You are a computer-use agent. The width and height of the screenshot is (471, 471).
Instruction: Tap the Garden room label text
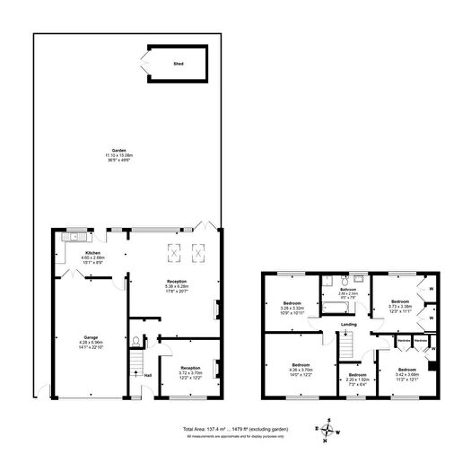tap(118, 151)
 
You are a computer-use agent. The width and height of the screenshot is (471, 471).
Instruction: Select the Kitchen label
tap(92, 254)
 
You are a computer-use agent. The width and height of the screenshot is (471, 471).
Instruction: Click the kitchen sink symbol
tap(74, 238)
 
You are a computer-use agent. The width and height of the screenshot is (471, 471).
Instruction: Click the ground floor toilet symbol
tap(135, 341)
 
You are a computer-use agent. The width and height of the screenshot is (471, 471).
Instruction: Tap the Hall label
tap(147, 375)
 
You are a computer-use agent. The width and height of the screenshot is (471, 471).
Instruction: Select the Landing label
tap(349, 324)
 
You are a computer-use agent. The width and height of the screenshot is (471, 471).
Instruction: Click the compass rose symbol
tap(329, 430)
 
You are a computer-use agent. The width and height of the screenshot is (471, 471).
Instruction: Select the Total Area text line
tap(235, 430)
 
